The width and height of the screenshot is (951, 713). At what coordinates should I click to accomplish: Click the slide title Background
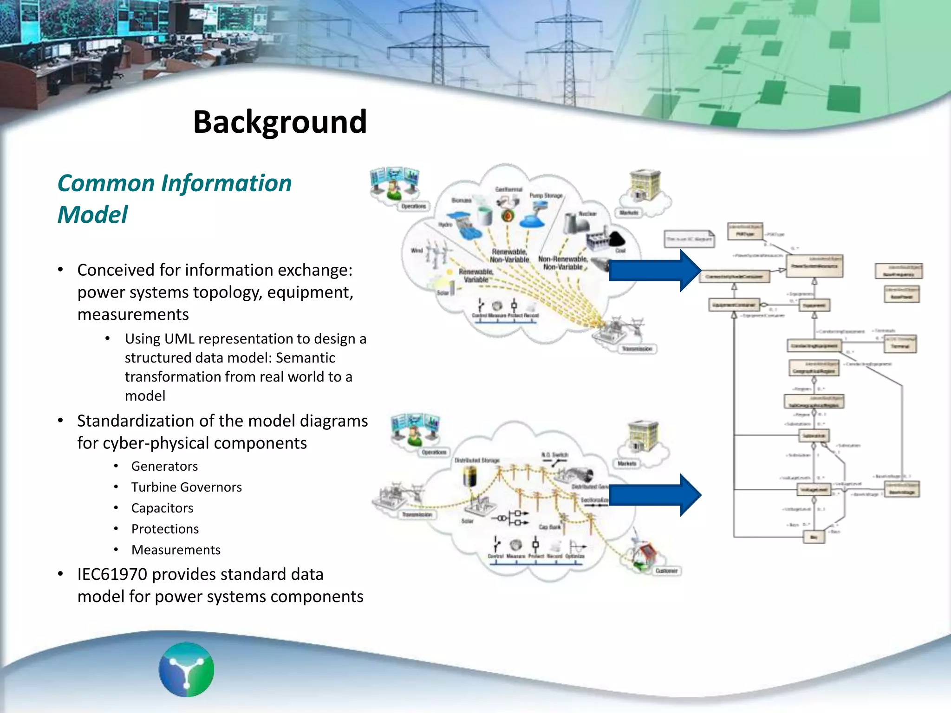280,122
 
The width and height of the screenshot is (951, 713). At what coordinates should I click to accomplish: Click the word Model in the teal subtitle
92,215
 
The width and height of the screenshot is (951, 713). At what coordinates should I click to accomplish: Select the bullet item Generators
164,466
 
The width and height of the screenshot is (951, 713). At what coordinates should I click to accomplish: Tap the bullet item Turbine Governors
186,487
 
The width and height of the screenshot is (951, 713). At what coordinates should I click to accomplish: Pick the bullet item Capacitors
162,508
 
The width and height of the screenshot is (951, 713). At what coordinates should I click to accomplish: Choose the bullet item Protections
165,529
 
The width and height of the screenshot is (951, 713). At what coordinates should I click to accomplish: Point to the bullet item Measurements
176,550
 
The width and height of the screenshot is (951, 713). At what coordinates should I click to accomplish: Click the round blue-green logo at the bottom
186,669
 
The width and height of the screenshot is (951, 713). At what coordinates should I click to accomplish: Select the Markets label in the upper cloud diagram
629,213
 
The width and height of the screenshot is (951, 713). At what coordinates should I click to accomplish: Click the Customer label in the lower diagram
666,570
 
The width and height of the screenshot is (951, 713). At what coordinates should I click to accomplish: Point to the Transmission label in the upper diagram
637,349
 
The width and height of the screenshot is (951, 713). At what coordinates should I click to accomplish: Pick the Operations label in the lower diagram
434,452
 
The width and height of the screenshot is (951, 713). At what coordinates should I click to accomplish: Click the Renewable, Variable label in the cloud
475,276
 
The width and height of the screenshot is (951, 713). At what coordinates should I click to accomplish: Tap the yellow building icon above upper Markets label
645,185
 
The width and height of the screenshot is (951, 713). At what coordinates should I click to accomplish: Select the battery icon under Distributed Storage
470,476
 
